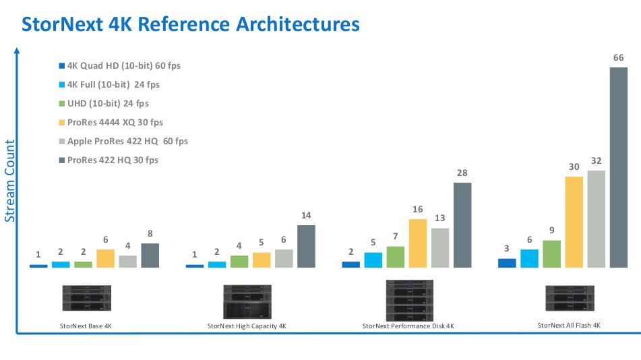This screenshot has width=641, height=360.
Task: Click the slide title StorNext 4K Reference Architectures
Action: click(x=191, y=24)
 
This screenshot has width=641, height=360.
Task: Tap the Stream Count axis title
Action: click(x=10, y=181)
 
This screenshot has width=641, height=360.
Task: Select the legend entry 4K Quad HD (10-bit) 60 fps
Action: click(x=119, y=66)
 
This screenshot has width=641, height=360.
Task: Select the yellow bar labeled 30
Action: click(x=574, y=222)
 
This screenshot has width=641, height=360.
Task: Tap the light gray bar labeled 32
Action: click(x=596, y=218)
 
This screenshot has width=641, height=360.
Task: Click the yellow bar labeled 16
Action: click(x=417, y=243)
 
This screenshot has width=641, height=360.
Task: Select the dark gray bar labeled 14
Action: click(x=305, y=246)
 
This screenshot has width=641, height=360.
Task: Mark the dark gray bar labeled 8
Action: click(x=150, y=256)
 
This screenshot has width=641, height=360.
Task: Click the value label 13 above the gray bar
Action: click(x=439, y=218)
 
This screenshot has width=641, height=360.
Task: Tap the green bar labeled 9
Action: click(x=551, y=254)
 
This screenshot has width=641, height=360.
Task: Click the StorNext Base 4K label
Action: click(x=86, y=326)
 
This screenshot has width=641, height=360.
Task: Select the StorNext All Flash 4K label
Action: click(x=568, y=325)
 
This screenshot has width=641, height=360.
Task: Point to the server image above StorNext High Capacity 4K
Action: click(x=247, y=301)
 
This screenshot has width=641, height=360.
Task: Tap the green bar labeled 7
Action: click(x=395, y=257)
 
